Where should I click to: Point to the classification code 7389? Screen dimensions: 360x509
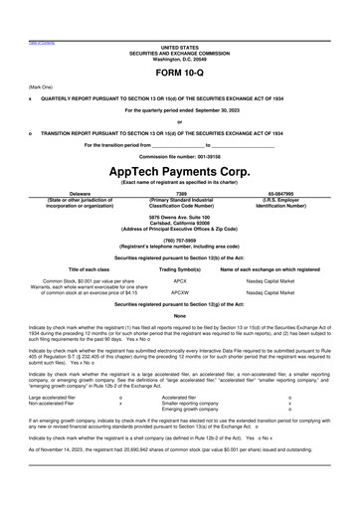tap(181, 194)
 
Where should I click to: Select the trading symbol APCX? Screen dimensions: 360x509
tap(180, 281)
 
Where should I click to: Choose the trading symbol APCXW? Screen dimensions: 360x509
tap(180, 293)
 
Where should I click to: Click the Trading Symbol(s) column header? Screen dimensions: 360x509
tap(180, 269)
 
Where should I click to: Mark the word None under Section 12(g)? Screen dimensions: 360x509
tap(180, 315)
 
